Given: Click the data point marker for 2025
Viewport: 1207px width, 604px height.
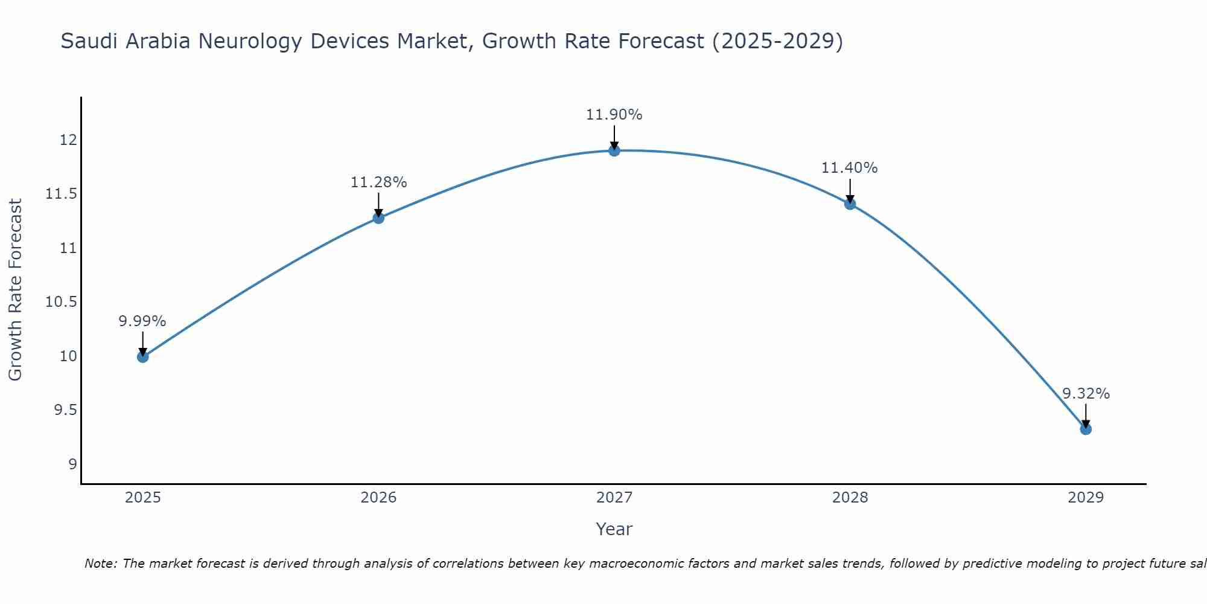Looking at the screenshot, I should coord(142,357).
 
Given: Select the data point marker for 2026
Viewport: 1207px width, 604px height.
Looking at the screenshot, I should coord(378,217).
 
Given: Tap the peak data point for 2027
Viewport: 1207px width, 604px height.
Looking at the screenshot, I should coord(614,150).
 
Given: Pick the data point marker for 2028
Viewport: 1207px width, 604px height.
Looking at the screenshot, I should coord(850,204).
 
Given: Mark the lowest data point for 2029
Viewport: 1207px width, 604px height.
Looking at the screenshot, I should coord(1086,429).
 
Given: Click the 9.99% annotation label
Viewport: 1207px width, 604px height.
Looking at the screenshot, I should coord(142,321).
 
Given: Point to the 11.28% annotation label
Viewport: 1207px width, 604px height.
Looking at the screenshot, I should coord(378,182).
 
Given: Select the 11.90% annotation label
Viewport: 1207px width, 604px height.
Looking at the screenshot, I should coord(614,115).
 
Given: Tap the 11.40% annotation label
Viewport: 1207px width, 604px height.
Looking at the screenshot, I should coord(850,168).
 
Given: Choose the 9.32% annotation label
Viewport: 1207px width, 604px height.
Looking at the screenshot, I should coord(1086,394).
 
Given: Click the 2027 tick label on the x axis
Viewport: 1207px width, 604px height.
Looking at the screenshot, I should coord(614,498).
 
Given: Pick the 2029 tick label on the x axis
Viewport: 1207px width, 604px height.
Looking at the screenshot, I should coord(1086,498).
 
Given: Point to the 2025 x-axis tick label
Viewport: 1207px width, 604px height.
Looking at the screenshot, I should coord(142,498).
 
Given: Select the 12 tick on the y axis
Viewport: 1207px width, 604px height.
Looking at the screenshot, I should coord(68,140).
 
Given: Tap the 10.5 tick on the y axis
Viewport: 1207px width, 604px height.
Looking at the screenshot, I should coord(62,302).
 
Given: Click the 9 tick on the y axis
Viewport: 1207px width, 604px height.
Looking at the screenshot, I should coord(72,464).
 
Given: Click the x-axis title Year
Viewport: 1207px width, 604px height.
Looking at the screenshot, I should coord(614,529).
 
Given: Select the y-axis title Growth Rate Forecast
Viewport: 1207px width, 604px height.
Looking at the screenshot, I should coord(16,290).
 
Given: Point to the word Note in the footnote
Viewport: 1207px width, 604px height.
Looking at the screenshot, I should coord(100,564).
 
